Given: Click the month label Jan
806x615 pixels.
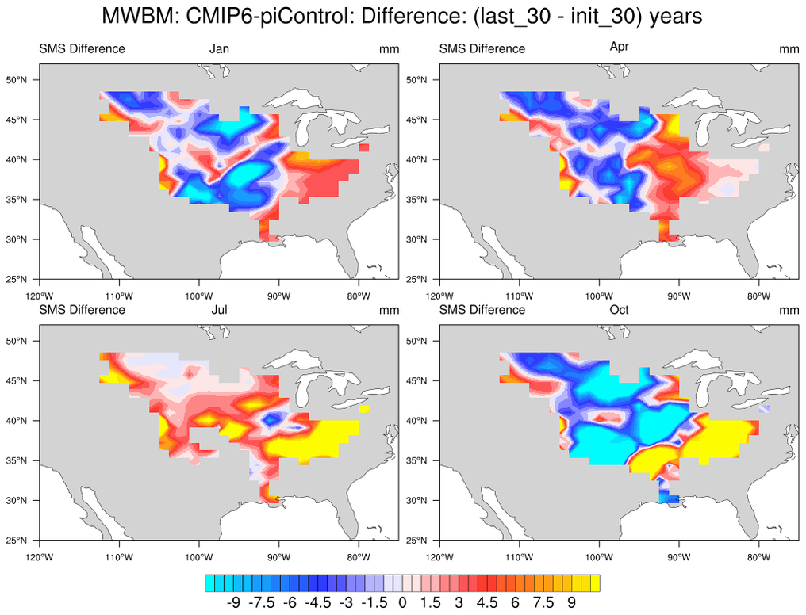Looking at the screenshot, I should [219, 49].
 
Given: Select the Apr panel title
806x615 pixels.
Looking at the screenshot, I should [620, 47].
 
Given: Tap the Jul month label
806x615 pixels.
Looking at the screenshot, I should [219, 310].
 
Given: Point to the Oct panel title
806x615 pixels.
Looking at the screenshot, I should [619, 310].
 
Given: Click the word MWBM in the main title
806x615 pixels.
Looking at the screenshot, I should [132, 16].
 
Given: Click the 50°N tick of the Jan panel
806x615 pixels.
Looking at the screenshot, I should [17, 80].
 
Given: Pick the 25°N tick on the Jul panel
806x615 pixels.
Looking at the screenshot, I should [17, 541].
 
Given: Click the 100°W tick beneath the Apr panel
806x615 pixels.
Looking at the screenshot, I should [599, 296].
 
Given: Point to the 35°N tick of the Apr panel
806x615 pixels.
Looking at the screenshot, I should [417, 200].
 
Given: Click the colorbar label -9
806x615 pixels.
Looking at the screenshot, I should [233, 602].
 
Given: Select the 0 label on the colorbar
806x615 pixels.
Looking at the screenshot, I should [402, 602].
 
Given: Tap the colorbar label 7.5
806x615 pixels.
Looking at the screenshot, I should [543, 602].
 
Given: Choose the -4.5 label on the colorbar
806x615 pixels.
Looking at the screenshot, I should [317, 602].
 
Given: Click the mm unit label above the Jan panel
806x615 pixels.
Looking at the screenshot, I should [389, 49].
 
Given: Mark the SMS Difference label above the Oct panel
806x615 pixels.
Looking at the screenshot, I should [482, 310].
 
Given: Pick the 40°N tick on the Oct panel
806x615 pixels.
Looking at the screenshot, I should [417, 421].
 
